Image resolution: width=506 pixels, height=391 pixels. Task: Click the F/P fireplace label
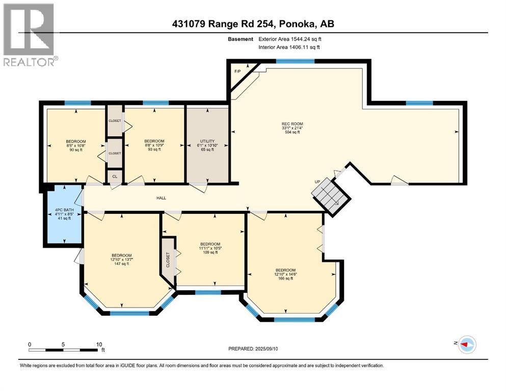point(237,71)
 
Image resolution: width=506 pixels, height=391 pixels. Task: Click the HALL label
point(162,198)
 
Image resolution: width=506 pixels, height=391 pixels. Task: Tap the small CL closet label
point(115,177)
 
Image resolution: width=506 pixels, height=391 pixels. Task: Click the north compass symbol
point(467,344)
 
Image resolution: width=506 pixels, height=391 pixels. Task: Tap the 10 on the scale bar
point(99,344)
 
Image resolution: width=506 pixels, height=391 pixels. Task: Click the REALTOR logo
point(29,35)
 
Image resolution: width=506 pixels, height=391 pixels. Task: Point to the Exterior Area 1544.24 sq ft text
point(290,39)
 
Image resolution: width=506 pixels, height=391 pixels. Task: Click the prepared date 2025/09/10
point(267,349)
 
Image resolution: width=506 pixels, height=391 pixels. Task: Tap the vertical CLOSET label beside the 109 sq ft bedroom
point(168,260)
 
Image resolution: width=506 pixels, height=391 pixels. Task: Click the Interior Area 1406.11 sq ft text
point(289,47)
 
